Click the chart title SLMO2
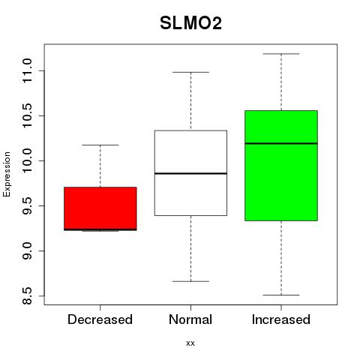click(x=190, y=23)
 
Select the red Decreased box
click(x=100, y=208)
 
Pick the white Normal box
click(x=190, y=173)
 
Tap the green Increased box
click(x=281, y=166)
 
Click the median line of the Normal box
click(x=190, y=173)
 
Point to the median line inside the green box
click(x=281, y=143)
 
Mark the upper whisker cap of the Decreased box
click(x=100, y=145)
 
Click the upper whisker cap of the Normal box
click(x=190, y=72)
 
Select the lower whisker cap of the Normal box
click(x=190, y=281)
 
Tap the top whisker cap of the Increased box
click(x=281, y=54)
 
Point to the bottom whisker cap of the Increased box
click(x=281, y=295)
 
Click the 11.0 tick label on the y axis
click(x=27, y=70)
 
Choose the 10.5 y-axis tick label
click(x=27, y=115)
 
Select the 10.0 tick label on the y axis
click(x=27, y=160)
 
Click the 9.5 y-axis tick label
click(x=27, y=205)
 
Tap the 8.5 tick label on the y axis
click(x=27, y=295)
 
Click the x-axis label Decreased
click(x=100, y=319)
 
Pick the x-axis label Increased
click(x=281, y=319)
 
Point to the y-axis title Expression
click(x=7, y=174)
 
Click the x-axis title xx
click(x=190, y=343)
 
